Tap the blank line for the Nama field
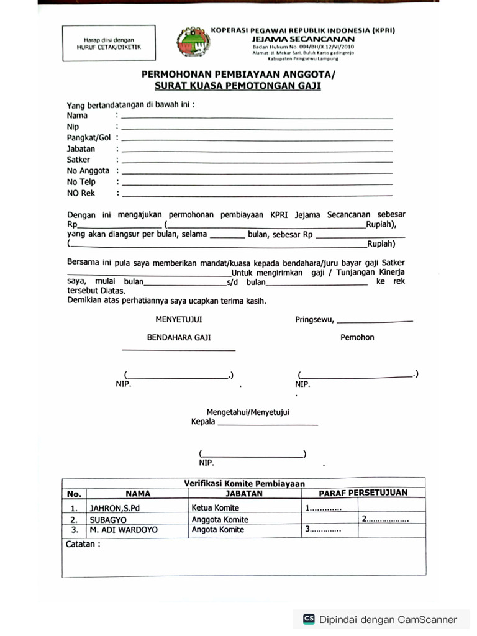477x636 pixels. click(257, 117)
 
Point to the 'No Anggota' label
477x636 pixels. click(88, 171)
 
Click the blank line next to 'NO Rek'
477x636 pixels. click(257, 195)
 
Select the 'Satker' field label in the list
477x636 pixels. click(79, 160)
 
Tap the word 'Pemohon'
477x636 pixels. click(357, 337)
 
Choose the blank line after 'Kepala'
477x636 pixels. click(268, 424)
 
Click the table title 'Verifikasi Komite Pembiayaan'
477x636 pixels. click(244, 483)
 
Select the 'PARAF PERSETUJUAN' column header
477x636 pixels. click(363, 493)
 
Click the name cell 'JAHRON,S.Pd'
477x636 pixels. click(115, 507)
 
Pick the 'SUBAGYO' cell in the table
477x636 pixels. click(108, 519)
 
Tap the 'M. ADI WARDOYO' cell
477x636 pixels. click(124, 530)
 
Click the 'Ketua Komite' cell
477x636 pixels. click(216, 507)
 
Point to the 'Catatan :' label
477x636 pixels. click(83, 544)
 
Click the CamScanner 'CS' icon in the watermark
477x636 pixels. click(309, 619)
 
